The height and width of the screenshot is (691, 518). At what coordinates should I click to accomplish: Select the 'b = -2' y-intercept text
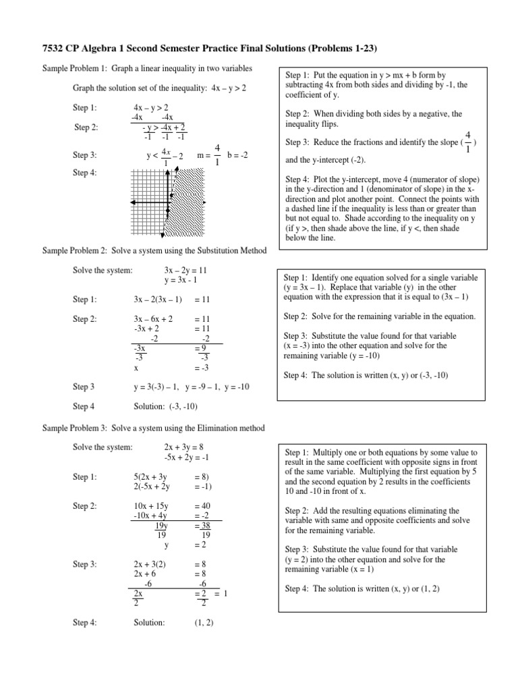(x=237, y=155)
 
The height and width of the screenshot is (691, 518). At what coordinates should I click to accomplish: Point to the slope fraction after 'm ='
(x=217, y=155)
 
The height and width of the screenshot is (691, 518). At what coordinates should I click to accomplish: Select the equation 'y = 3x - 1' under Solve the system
(x=180, y=280)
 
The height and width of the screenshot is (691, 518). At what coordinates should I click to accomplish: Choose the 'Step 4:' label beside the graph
(x=85, y=173)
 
